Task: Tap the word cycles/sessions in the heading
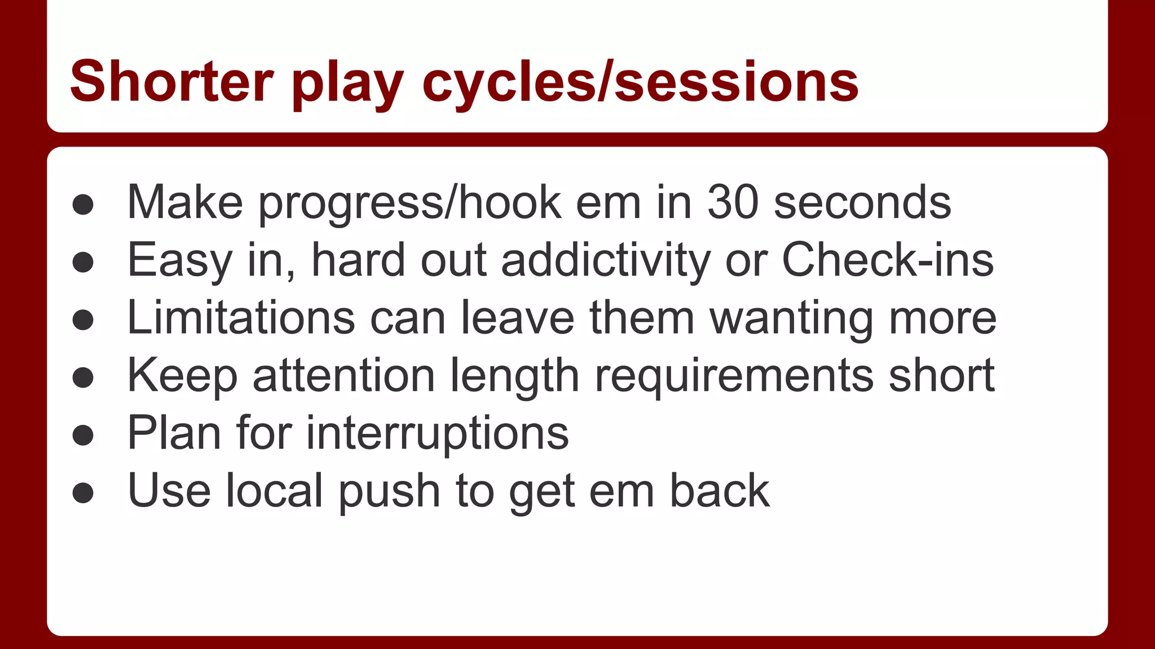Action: point(640,83)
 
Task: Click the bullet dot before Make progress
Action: point(83,205)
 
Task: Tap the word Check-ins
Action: point(888,260)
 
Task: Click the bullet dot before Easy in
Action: point(83,263)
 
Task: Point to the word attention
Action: point(343,375)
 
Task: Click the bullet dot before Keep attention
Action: point(83,377)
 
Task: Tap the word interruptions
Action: point(438,434)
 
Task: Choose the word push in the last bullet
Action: point(389,491)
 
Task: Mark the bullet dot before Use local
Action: point(83,493)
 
